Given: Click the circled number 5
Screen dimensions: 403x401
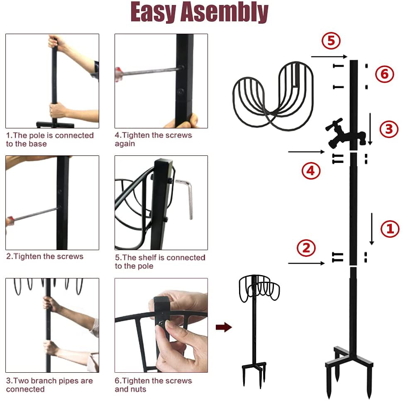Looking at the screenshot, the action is click(331, 41).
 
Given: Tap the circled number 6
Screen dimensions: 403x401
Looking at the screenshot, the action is click(384, 74).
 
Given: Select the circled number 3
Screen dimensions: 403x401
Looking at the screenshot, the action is click(389, 129).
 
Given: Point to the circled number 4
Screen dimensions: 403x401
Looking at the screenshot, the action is click(311, 170).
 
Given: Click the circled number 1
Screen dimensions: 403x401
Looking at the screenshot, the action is click(390, 229).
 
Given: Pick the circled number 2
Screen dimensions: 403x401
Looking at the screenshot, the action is click(306, 248).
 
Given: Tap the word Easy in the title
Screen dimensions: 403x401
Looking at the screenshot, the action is click(153, 12).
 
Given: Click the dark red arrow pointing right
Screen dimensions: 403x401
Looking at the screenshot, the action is click(224, 327).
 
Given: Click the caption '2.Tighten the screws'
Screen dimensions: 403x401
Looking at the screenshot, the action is click(45, 256).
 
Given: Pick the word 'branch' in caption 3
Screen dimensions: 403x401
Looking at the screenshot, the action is click(46, 381).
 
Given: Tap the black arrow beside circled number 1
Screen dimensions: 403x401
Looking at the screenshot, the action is click(371, 229).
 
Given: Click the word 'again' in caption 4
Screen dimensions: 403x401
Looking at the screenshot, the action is click(125, 144).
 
